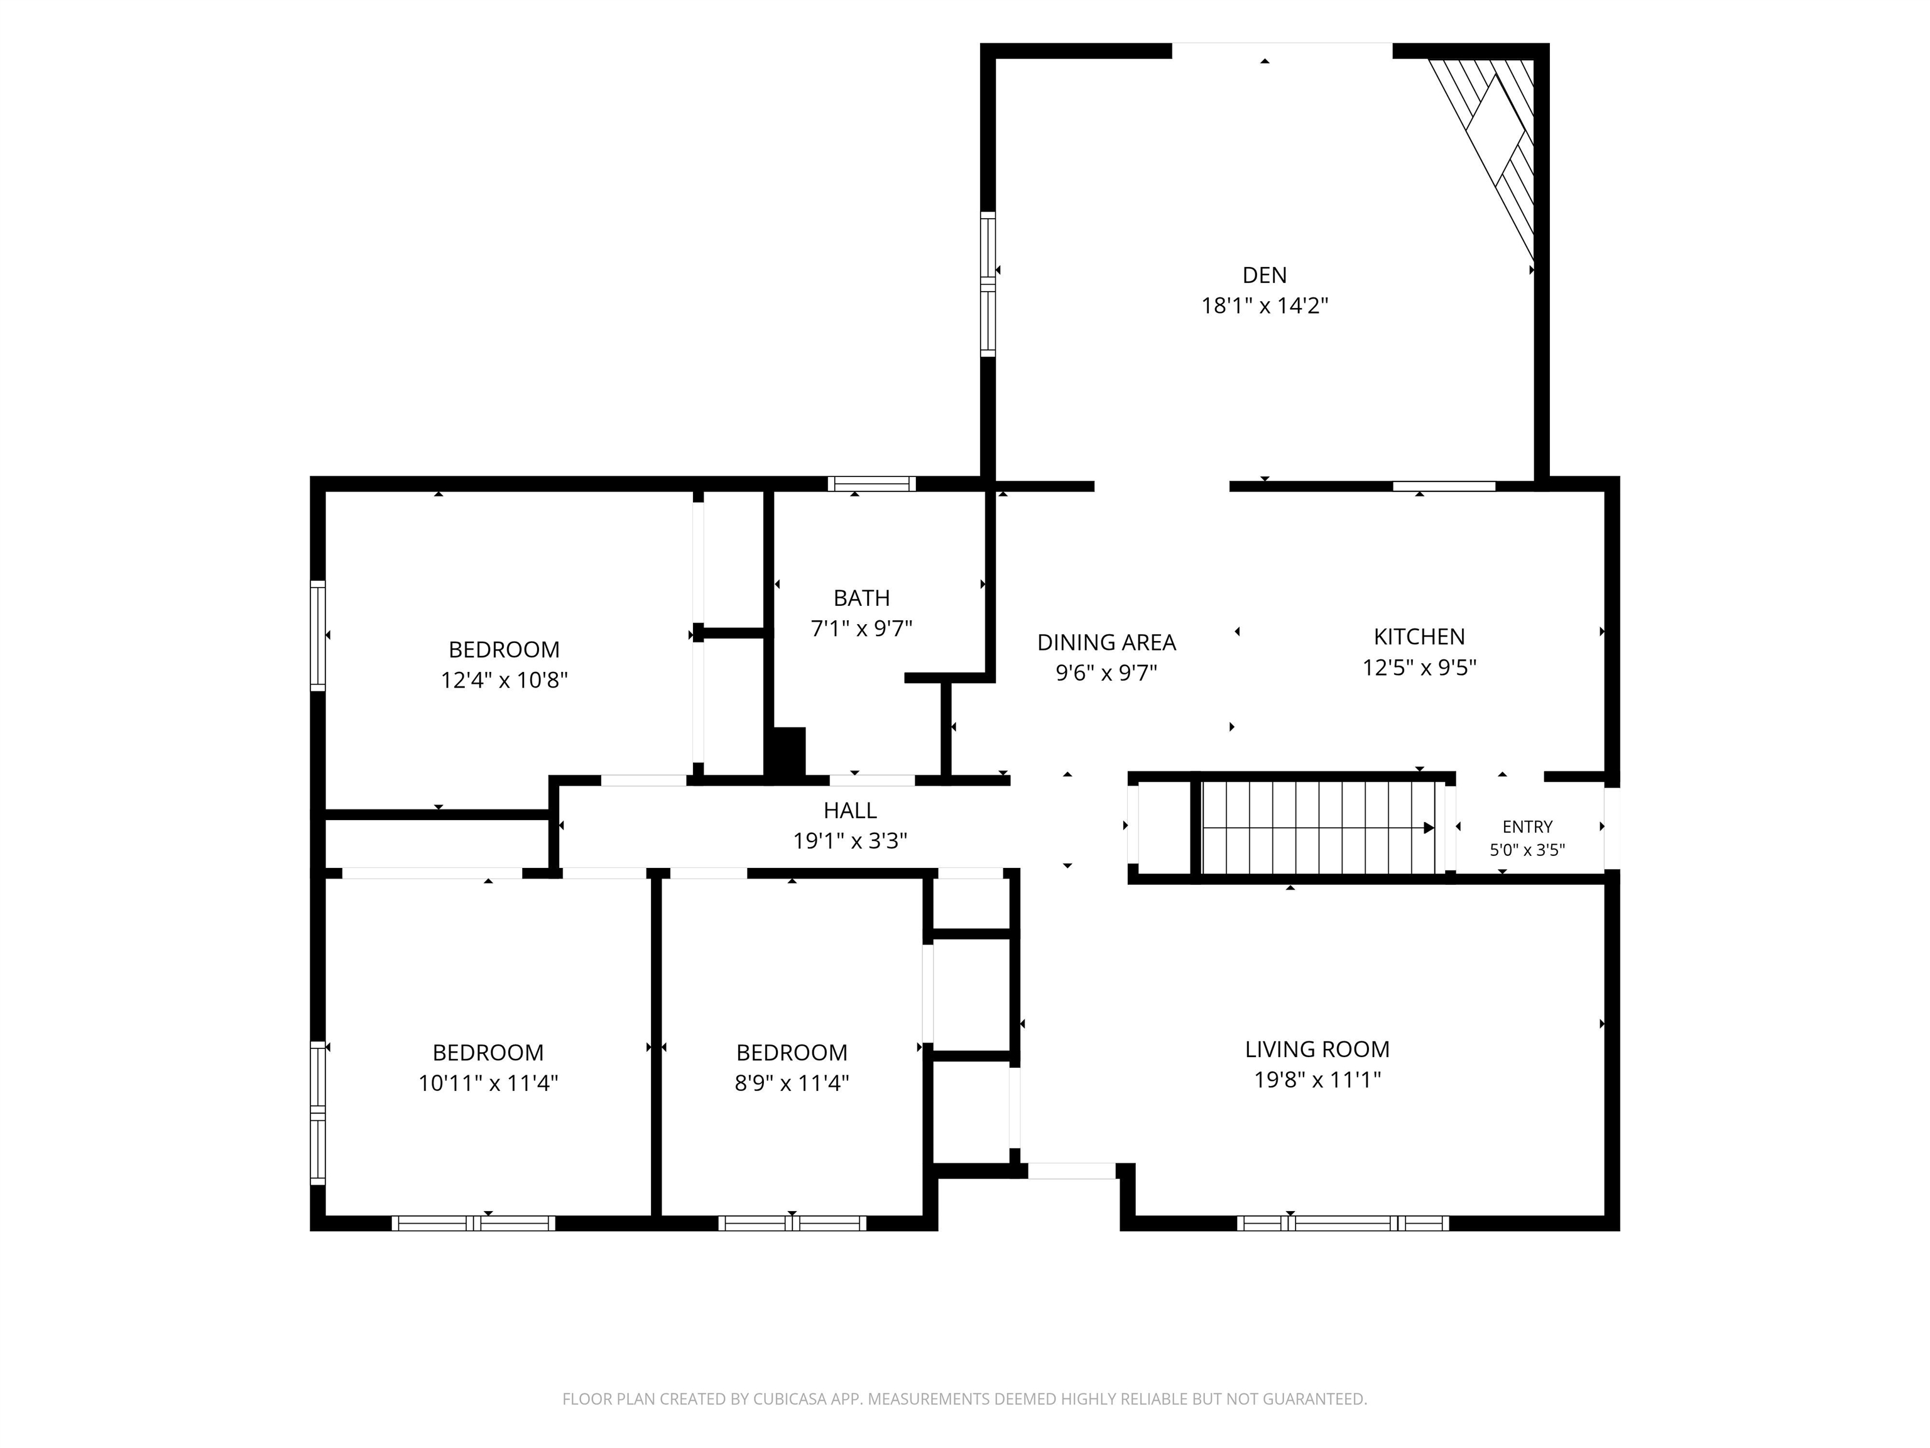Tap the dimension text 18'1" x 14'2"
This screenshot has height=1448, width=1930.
click(x=1264, y=305)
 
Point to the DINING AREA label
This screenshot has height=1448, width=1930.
click(x=1106, y=642)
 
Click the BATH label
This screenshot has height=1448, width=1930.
click(x=862, y=598)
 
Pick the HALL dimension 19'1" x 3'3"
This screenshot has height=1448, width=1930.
click(x=850, y=840)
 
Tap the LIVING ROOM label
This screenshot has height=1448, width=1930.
click(x=1317, y=1049)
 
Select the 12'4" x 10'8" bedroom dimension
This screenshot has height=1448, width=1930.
click(x=504, y=680)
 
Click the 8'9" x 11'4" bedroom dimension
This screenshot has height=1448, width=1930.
click(x=792, y=1083)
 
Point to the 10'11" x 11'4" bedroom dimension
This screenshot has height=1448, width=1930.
click(x=488, y=1083)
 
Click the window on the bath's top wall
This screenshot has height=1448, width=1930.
click(x=871, y=483)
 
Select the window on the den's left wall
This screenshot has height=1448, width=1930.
click(x=988, y=283)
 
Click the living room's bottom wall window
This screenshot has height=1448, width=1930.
click(x=1343, y=1223)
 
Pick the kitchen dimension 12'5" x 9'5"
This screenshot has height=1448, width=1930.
click(x=1420, y=667)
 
